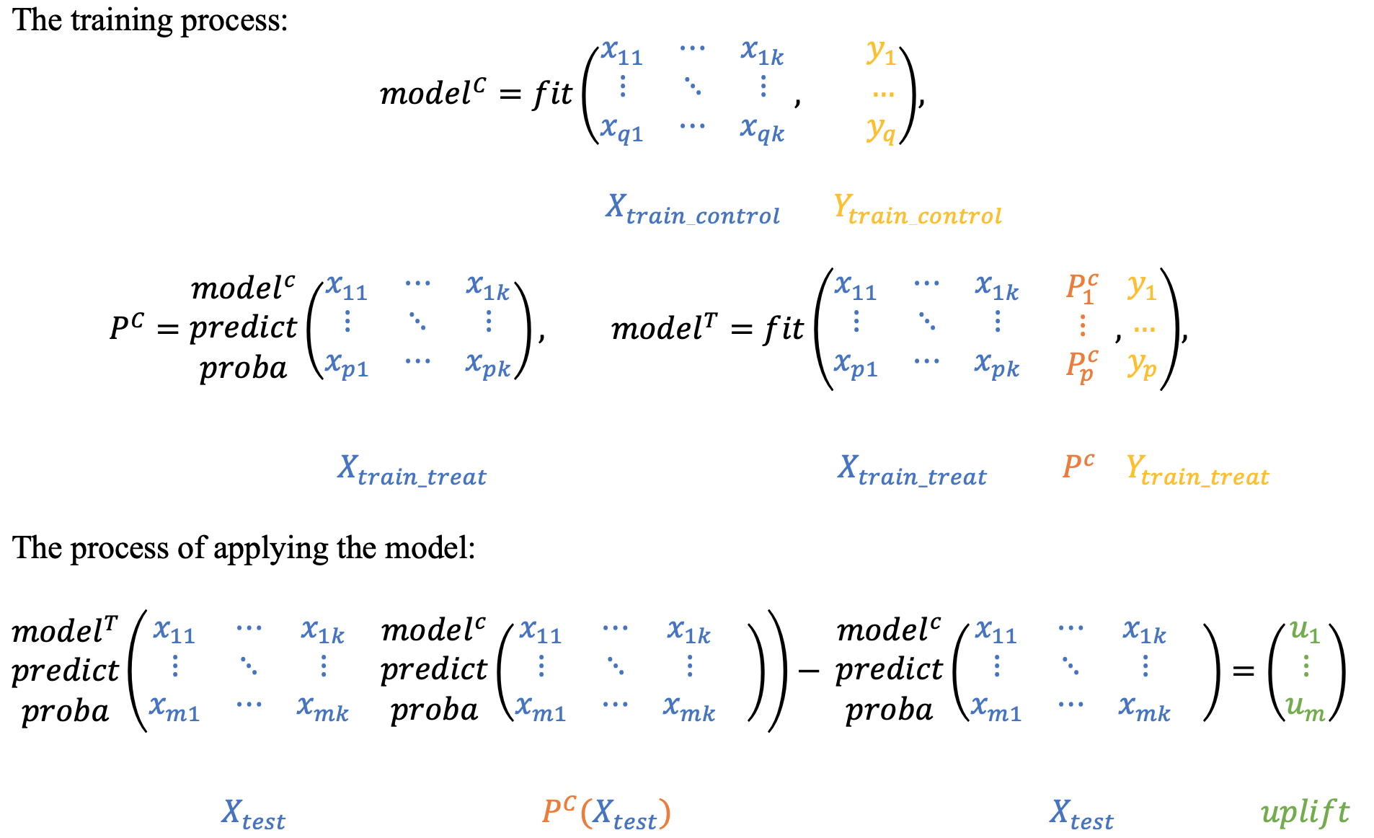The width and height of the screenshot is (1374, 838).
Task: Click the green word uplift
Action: (1305, 813)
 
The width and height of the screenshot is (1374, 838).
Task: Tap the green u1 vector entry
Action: (1305, 631)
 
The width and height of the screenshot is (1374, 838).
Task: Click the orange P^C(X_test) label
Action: (606, 813)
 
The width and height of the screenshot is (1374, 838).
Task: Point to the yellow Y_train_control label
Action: (917, 210)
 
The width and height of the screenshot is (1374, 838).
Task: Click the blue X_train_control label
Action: (692, 210)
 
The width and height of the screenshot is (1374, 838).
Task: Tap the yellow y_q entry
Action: (881, 130)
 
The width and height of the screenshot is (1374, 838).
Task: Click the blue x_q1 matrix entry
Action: (621, 130)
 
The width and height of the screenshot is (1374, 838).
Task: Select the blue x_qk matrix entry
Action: (762, 130)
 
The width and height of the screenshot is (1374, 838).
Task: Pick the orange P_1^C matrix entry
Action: (1082, 287)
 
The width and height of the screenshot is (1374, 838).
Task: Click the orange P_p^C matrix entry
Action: (1082, 366)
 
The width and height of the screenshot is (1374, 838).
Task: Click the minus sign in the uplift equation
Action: (809, 671)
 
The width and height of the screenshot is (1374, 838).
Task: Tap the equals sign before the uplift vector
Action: (1243, 671)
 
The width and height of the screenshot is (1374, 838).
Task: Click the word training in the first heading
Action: (123, 20)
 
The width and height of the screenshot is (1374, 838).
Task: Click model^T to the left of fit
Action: (664, 328)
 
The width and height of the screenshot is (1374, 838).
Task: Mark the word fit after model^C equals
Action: (552, 94)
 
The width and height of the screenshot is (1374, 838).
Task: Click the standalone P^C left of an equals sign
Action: (127, 328)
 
